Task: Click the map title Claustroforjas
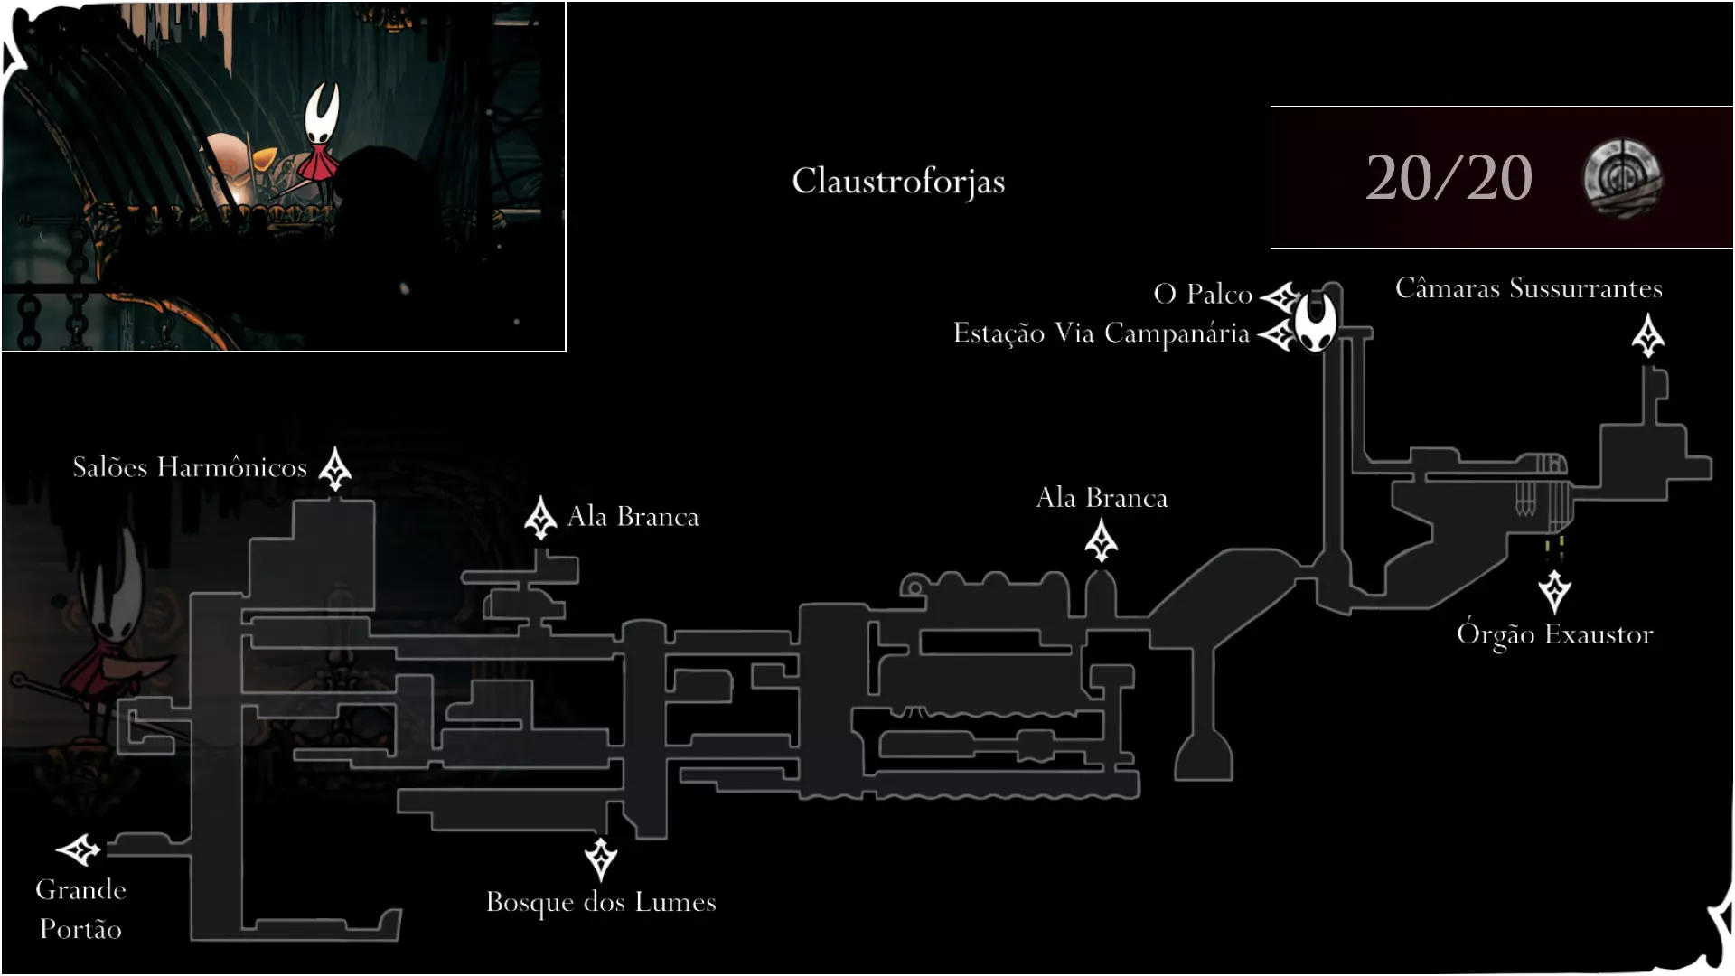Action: tap(898, 181)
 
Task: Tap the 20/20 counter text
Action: tap(1449, 177)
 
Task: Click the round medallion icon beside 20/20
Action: tap(1622, 177)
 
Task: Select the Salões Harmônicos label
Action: tap(190, 467)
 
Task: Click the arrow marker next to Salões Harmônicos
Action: tap(335, 468)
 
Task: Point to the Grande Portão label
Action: tap(80, 908)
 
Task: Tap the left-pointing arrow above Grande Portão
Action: tap(79, 849)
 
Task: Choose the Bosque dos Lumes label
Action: tap(601, 902)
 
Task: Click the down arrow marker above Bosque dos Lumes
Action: tap(601, 859)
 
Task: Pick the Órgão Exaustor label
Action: tap(1555, 633)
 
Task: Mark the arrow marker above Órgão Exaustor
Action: tap(1554, 592)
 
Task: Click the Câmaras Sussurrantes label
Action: tap(1529, 287)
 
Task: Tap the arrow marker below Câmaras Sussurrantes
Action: tap(1648, 335)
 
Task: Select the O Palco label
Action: tap(1203, 294)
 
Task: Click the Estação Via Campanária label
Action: tap(1102, 333)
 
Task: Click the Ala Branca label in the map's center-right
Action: tap(1102, 498)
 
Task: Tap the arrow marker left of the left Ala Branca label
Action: tap(540, 518)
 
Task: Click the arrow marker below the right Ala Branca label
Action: tap(1101, 541)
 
